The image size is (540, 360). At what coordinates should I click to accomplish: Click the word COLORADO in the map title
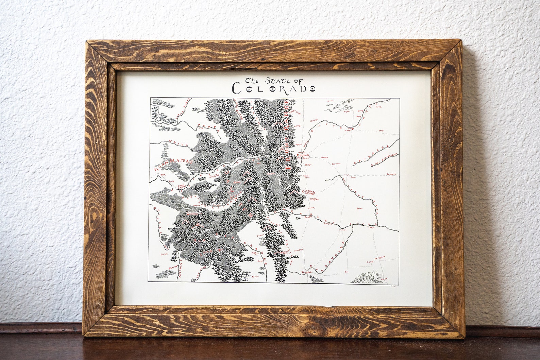tap(274, 89)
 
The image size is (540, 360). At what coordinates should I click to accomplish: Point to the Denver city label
tap(302, 155)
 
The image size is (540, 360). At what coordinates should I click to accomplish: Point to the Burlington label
tap(392, 174)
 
